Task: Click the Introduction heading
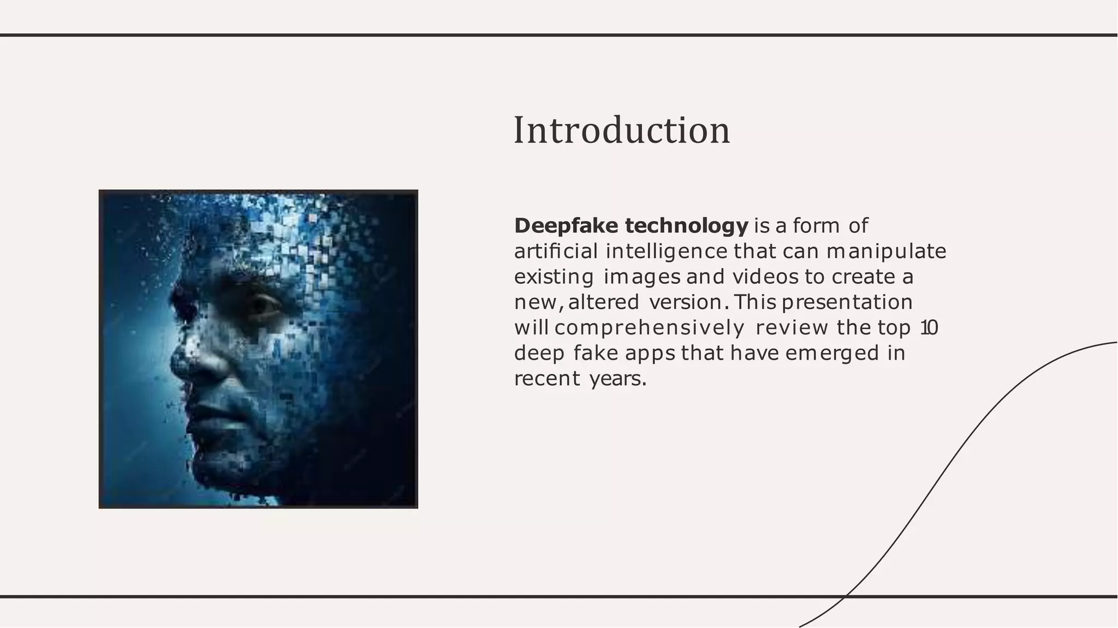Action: (621, 131)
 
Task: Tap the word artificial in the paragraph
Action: (556, 252)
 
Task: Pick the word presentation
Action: (847, 302)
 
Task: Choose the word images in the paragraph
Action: (642, 277)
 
